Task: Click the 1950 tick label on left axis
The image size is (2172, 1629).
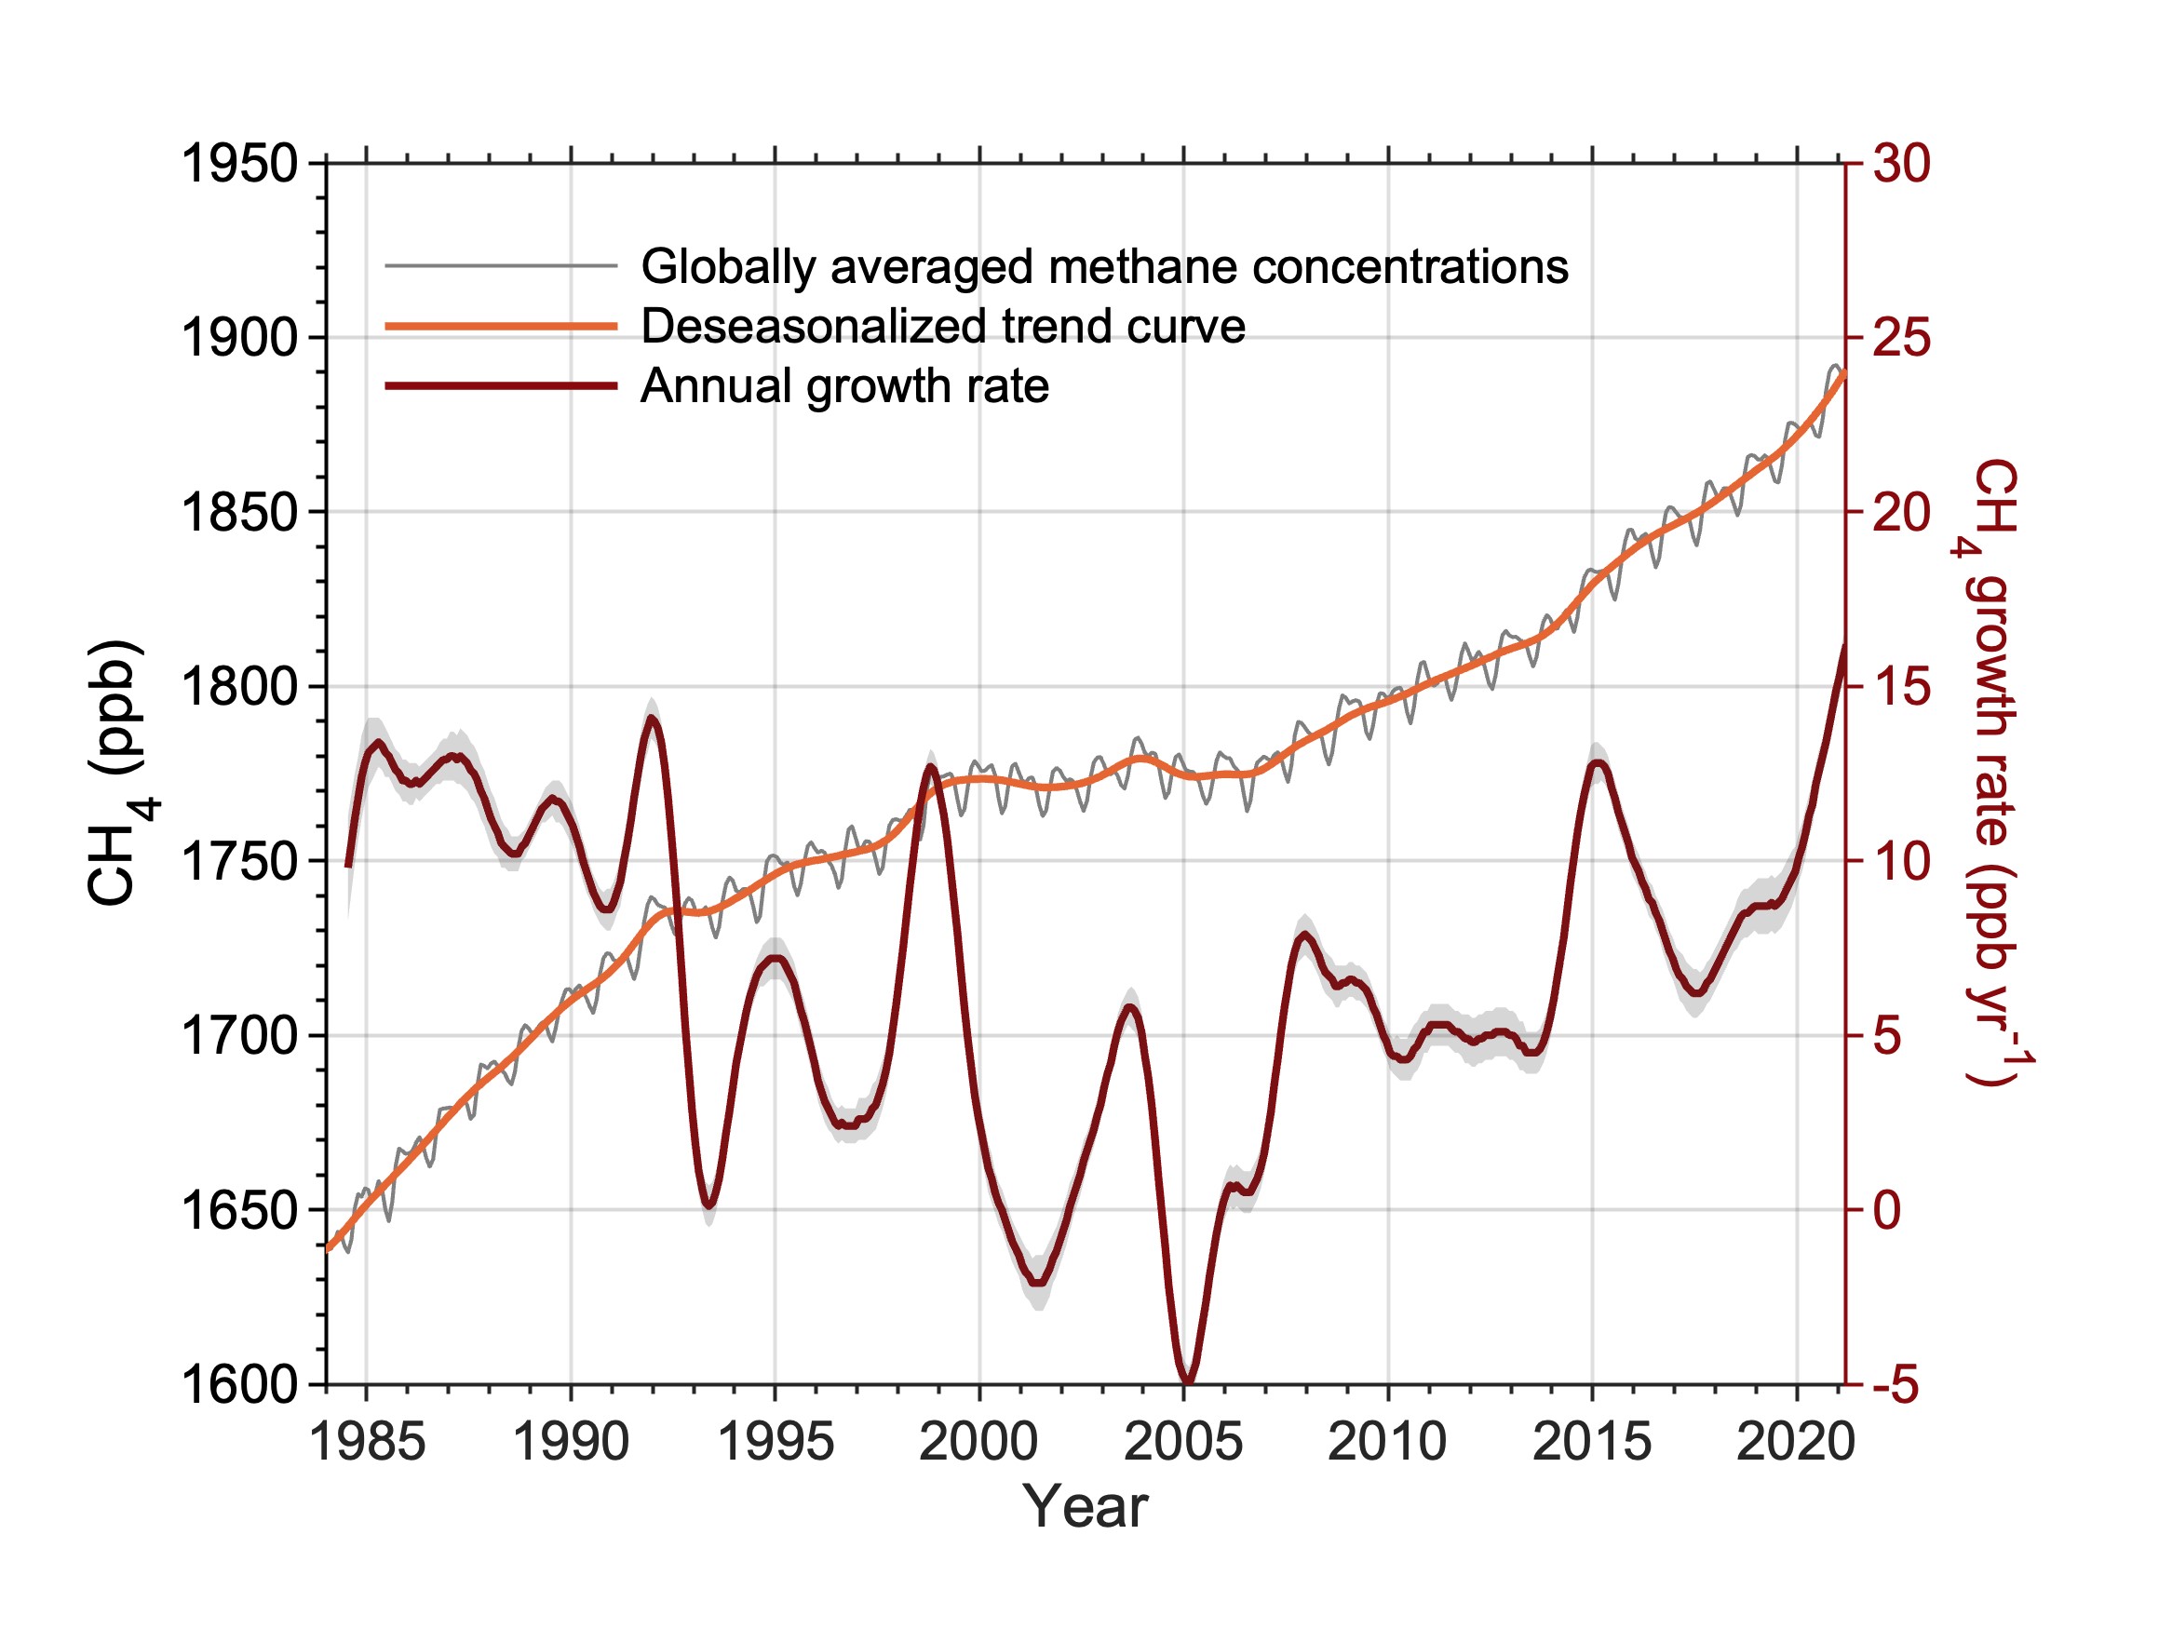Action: (x=239, y=163)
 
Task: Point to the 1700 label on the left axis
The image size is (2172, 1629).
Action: (x=239, y=1035)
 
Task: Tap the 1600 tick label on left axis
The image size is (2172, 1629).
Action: (x=239, y=1384)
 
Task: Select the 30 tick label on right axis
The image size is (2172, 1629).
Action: (x=1901, y=163)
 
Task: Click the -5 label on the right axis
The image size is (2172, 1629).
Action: (x=1895, y=1384)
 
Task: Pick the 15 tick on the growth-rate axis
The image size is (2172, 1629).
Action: (x=1901, y=686)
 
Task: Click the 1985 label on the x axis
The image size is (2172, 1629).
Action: (x=367, y=1442)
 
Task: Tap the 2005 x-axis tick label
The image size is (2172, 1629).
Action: (x=1183, y=1442)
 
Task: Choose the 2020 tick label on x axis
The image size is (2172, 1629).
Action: (x=1796, y=1442)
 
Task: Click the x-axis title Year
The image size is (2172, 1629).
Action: (x=1085, y=1506)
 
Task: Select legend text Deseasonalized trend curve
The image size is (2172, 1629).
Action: (x=943, y=326)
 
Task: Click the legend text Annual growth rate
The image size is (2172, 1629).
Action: (x=844, y=386)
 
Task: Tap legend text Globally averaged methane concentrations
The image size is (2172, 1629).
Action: (x=1105, y=266)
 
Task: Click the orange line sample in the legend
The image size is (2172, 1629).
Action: (x=502, y=326)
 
